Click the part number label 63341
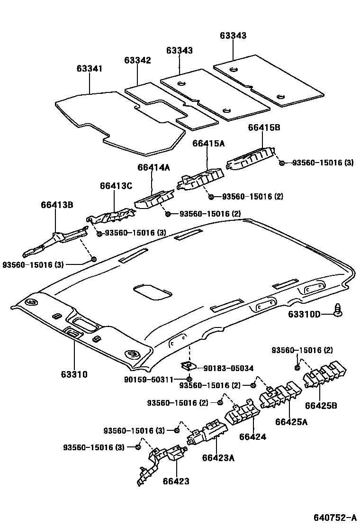click(x=90, y=69)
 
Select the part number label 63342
click(x=137, y=61)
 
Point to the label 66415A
click(x=208, y=143)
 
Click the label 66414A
click(x=154, y=167)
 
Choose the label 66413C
click(x=116, y=186)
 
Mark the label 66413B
click(x=57, y=205)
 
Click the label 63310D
click(x=304, y=314)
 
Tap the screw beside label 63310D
click(x=339, y=309)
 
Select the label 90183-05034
click(x=228, y=368)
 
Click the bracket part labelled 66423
click(x=161, y=462)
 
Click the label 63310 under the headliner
click(x=74, y=374)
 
